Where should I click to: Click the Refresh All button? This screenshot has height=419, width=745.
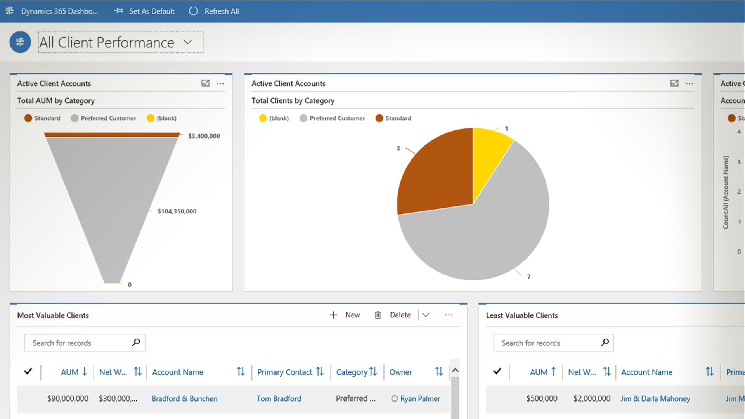(x=214, y=11)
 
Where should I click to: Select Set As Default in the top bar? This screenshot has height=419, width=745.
(x=145, y=11)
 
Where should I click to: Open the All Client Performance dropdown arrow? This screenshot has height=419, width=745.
(x=188, y=42)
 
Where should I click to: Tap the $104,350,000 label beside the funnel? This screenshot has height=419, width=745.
(x=177, y=211)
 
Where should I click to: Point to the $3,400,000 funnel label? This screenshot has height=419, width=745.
(x=204, y=136)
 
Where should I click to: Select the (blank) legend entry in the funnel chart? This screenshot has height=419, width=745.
(x=162, y=118)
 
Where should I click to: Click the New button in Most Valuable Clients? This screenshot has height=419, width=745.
(x=345, y=315)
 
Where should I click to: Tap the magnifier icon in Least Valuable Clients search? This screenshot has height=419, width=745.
(x=605, y=343)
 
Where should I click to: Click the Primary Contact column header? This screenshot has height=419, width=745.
(x=285, y=372)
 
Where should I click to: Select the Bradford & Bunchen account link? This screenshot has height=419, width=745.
(x=184, y=398)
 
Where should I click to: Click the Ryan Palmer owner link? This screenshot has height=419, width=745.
(x=420, y=398)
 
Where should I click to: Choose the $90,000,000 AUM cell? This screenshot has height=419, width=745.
(x=68, y=398)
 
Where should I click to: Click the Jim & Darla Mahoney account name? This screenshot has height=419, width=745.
(x=655, y=398)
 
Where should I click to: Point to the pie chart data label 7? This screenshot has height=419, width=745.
(x=529, y=277)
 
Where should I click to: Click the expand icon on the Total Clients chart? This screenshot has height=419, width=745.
(x=674, y=83)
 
